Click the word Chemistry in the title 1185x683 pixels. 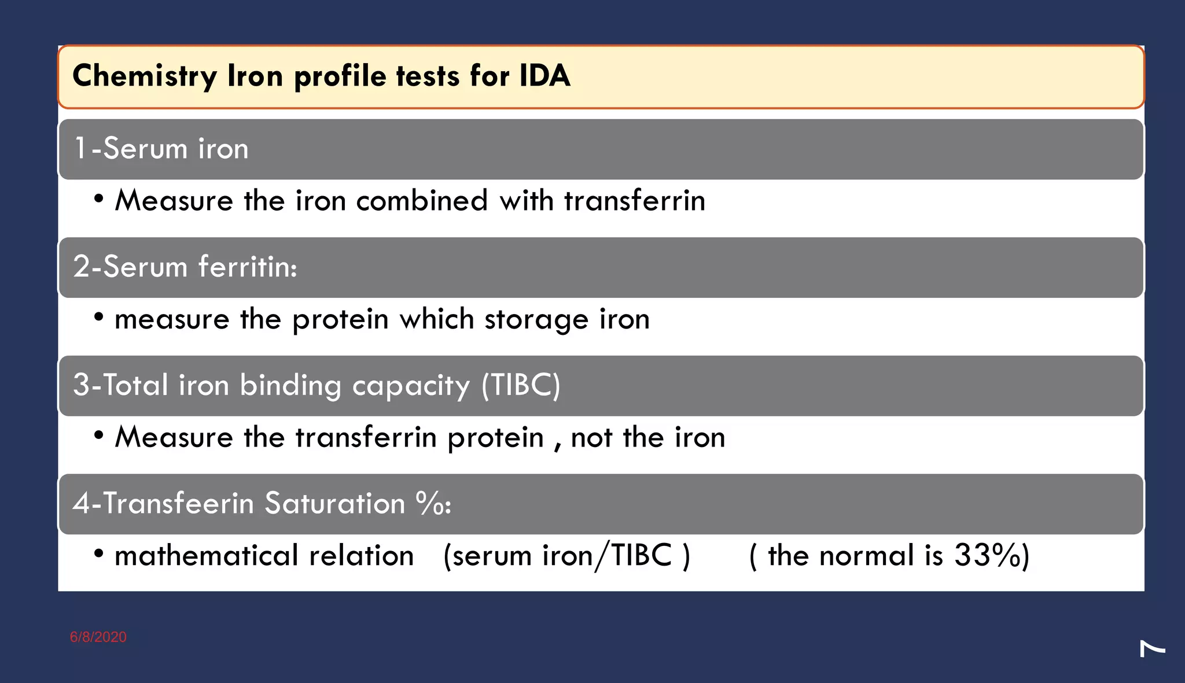[145, 76]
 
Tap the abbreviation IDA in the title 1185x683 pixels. [544, 76]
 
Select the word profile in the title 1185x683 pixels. [340, 77]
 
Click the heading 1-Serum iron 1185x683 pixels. [161, 149]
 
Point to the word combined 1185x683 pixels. [422, 201]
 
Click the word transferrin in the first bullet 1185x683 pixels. [635, 201]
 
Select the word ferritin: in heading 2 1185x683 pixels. [248, 267]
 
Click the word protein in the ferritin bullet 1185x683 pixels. [340, 320]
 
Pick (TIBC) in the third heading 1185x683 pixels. [521, 385]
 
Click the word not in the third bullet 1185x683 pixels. [591, 438]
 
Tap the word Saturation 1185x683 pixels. [335, 503]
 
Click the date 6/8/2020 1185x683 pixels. [98, 637]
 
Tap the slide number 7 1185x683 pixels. [1152, 649]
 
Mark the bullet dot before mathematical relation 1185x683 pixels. [99, 554]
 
